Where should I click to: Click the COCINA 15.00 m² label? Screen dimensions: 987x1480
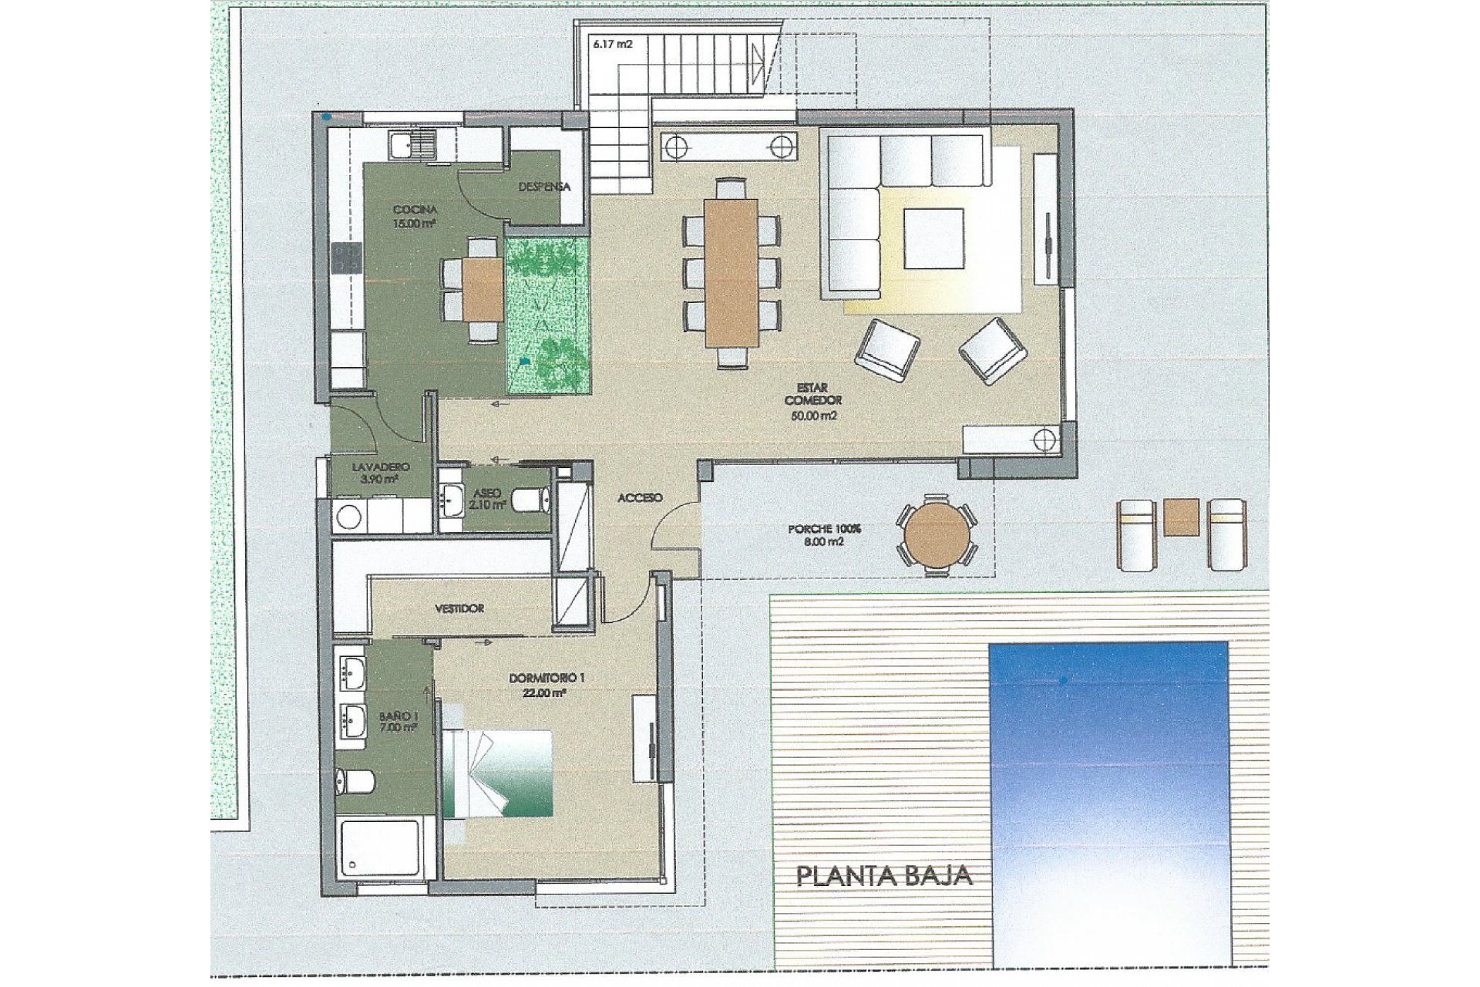(415, 217)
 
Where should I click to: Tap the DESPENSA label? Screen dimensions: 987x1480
(544, 187)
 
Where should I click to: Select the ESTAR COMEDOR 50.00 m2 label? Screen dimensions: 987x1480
(813, 401)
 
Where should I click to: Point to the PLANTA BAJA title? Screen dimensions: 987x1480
(883, 877)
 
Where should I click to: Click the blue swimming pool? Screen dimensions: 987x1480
(1108, 802)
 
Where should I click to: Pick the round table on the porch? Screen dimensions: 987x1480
(937, 534)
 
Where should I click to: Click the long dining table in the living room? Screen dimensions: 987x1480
(731, 272)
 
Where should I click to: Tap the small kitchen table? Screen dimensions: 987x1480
(483, 289)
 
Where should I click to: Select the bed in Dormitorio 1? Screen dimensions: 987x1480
(498, 773)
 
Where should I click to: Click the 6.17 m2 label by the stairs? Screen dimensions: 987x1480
(612, 45)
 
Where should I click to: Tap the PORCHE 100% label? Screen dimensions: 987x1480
(824, 535)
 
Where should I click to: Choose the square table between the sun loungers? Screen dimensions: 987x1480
(1181, 517)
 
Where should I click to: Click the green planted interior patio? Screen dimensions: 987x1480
(547, 316)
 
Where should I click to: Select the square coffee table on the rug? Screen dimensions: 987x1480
(933, 238)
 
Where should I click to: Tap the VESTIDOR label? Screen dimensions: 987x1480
(459, 608)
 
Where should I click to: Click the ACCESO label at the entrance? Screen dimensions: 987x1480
(640, 498)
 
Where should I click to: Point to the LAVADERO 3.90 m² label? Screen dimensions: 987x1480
(380, 473)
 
